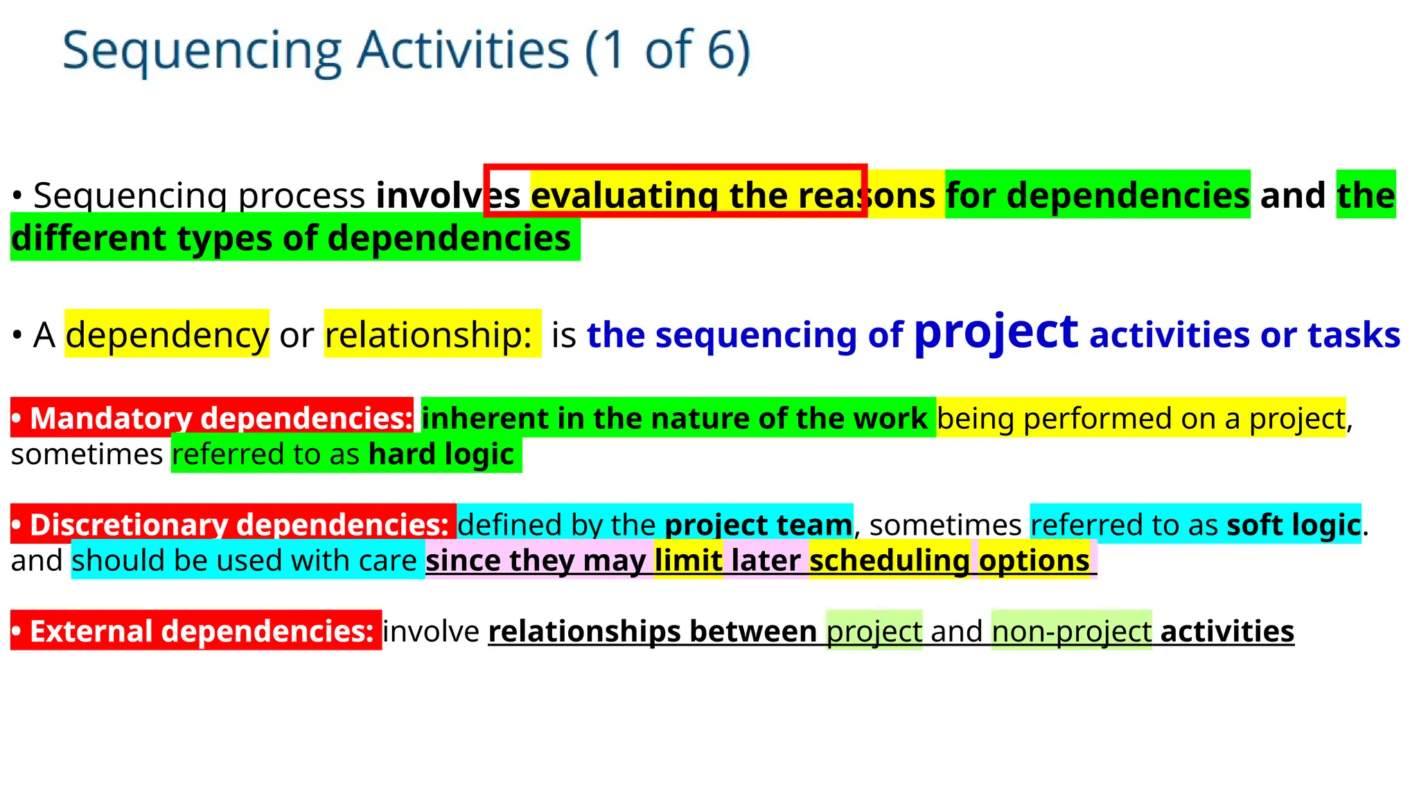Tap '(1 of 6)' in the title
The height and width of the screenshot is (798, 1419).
668,51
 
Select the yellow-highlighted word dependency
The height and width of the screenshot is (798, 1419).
167,335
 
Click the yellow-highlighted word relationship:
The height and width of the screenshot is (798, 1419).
428,335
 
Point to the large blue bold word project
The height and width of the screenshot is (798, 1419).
996,332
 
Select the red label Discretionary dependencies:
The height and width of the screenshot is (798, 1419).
233,524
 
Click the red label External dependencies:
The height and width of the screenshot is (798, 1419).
196,631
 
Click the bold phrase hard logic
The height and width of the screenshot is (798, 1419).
441,455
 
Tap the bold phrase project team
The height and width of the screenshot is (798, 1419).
759,525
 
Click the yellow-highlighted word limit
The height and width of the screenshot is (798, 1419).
688,560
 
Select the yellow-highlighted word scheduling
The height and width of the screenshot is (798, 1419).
889,560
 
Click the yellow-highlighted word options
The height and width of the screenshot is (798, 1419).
1034,560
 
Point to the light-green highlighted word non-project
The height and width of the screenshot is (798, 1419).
1071,631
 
